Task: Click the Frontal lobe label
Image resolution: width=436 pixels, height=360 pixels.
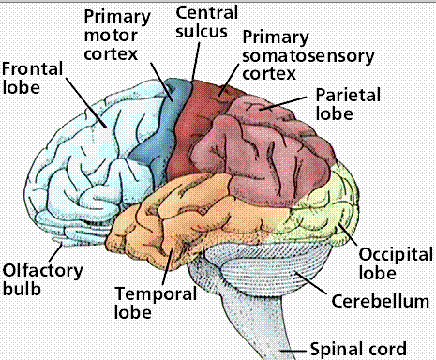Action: [29, 81]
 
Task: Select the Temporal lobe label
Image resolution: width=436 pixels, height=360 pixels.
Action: [145, 299]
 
